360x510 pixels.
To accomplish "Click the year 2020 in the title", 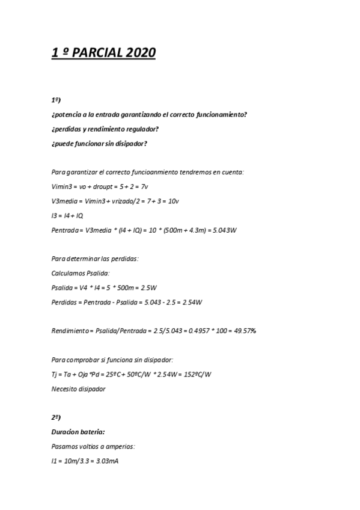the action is [141, 54].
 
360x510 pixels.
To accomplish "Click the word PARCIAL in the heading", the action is [99, 54].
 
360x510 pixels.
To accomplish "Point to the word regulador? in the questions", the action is [139, 129].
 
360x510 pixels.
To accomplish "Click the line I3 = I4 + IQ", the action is [67, 215].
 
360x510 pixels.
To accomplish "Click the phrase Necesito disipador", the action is [78, 389].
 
